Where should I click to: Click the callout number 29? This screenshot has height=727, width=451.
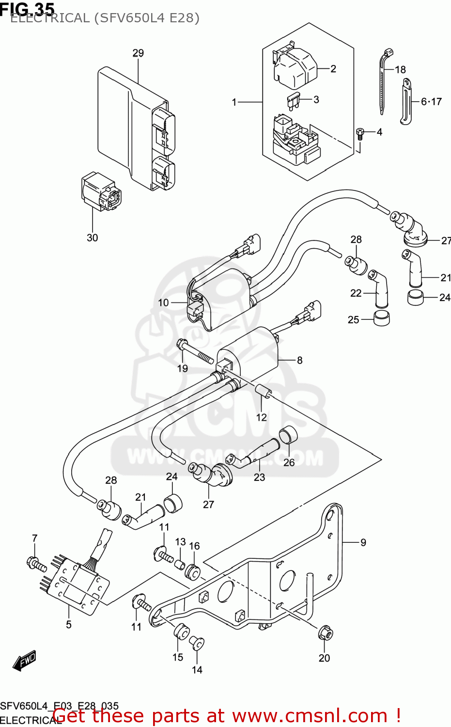point(138,53)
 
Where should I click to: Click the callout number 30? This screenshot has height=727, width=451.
point(92,237)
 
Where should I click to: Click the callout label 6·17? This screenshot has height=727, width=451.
point(431,102)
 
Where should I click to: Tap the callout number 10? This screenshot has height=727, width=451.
point(163,303)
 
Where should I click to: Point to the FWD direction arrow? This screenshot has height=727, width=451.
point(24,660)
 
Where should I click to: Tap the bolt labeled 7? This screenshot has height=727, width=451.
point(35,564)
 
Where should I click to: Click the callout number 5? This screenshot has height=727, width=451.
point(69,624)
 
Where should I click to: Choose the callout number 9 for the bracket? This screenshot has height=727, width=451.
point(363,543)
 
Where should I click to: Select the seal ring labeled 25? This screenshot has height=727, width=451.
point(381,318)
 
